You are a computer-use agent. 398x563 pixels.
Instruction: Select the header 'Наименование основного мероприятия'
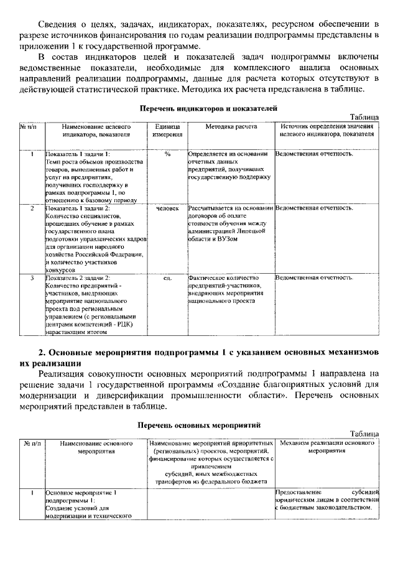(95, 447)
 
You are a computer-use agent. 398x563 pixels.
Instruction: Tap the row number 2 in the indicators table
(32, 208)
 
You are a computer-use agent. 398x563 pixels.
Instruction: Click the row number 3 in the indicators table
(32, 278)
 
